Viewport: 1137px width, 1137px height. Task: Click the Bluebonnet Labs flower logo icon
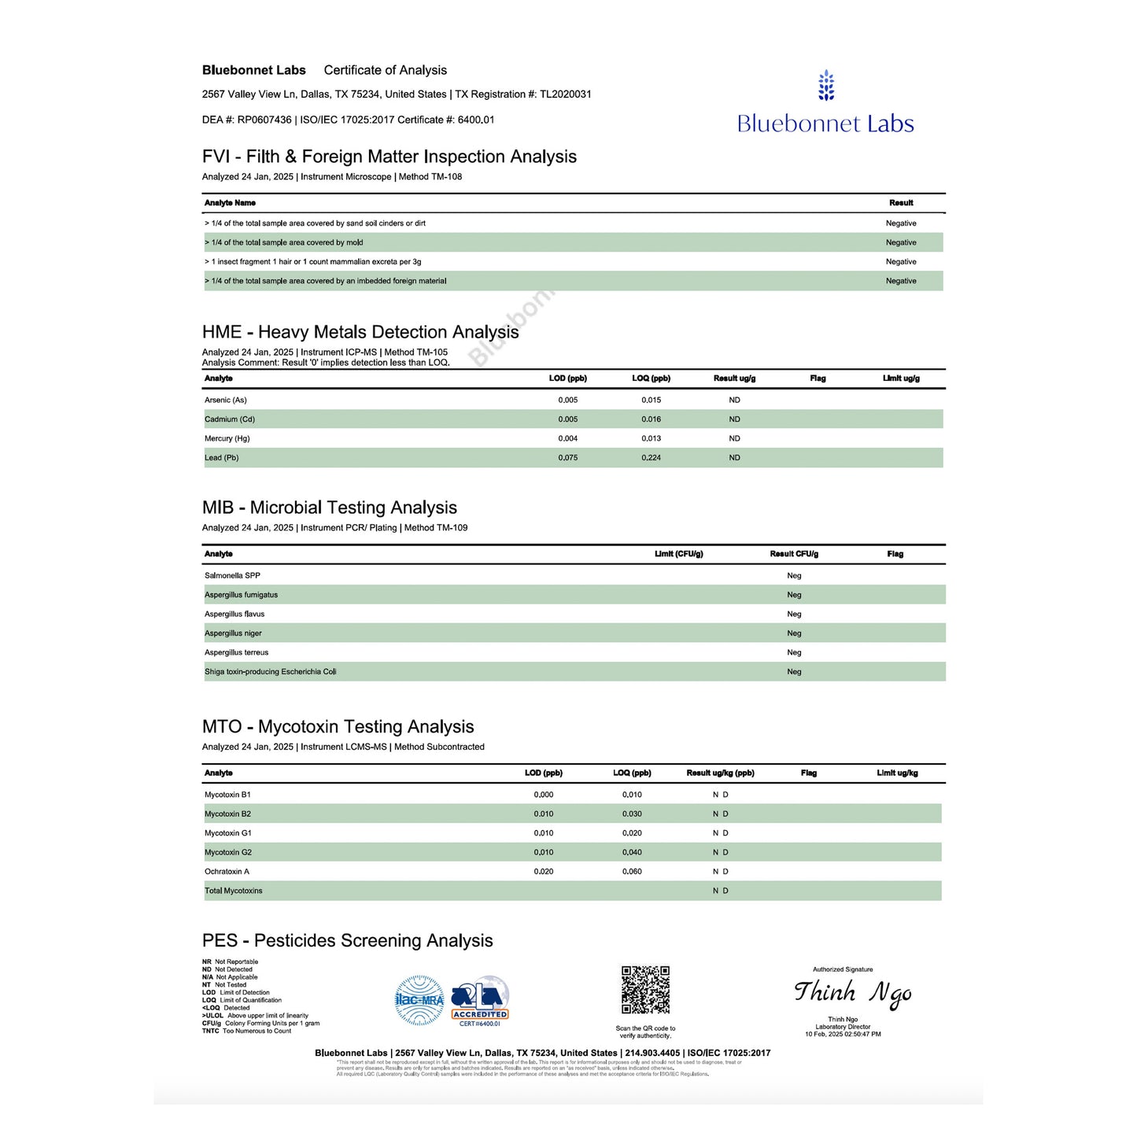tap(825, 86)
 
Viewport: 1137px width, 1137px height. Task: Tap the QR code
tap(645, 990)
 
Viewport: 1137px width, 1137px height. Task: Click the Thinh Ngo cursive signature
tap(853, 993)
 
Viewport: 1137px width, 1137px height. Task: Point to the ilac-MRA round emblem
tap(419, 1001)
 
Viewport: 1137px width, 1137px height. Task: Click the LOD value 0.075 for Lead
tap(568, 458)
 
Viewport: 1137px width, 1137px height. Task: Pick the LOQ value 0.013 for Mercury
tap(651, 439)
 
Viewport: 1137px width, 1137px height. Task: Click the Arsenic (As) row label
tap(226, 401)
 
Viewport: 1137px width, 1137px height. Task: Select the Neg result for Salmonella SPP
tap(794, 576)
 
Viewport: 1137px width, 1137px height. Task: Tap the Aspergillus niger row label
tap(233, 633)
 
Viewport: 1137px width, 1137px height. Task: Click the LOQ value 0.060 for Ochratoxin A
tap(632, 872)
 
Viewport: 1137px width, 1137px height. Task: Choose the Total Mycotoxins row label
tap(234, 891)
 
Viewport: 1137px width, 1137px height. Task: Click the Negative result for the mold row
tap(901, 243)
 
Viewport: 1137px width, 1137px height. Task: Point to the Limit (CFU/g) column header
tap(678, 554)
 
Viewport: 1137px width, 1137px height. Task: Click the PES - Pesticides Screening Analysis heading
tap(347, 941)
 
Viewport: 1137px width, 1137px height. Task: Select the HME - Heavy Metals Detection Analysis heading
tap(360, 332)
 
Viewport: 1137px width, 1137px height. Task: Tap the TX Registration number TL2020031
tap(565, 94)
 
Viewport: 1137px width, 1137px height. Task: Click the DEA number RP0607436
tap(264, 120)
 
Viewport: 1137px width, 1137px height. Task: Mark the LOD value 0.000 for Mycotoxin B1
tap(544, 795)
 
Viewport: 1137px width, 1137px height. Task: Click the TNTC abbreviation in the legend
tap(210, 1031)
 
